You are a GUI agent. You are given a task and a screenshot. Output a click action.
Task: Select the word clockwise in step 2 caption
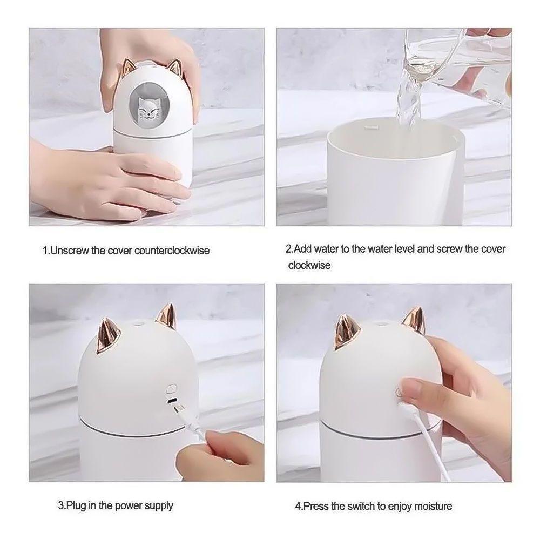point(309,265)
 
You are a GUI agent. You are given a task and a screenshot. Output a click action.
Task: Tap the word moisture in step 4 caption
point(432,507)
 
